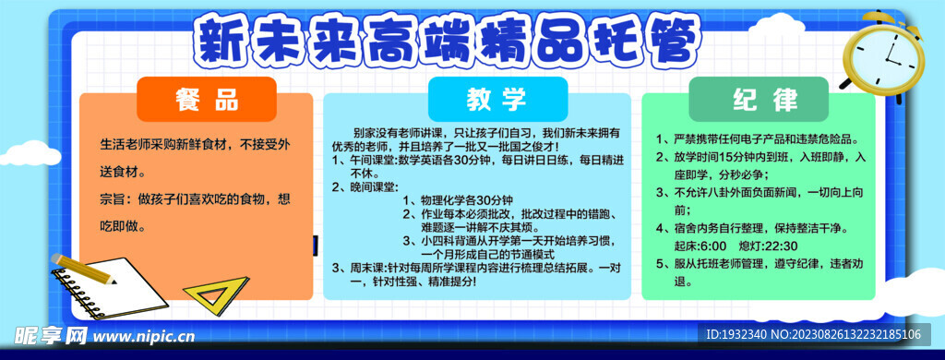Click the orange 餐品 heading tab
[207, 100]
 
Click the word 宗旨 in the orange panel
[115, 198]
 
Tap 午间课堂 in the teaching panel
[373, 159]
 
